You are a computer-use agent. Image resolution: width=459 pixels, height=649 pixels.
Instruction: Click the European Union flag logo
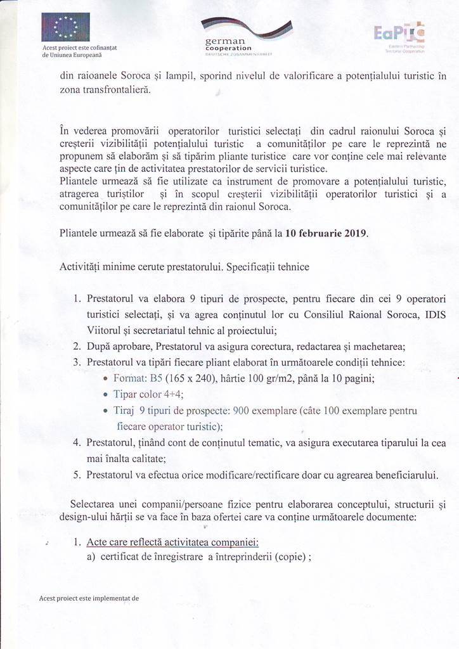click(x=66, y=27)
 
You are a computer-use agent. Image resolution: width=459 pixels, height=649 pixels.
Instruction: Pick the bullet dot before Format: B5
click(x=106, y=379)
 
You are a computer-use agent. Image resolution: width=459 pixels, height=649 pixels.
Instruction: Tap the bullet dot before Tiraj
click(x=106, y=411)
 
